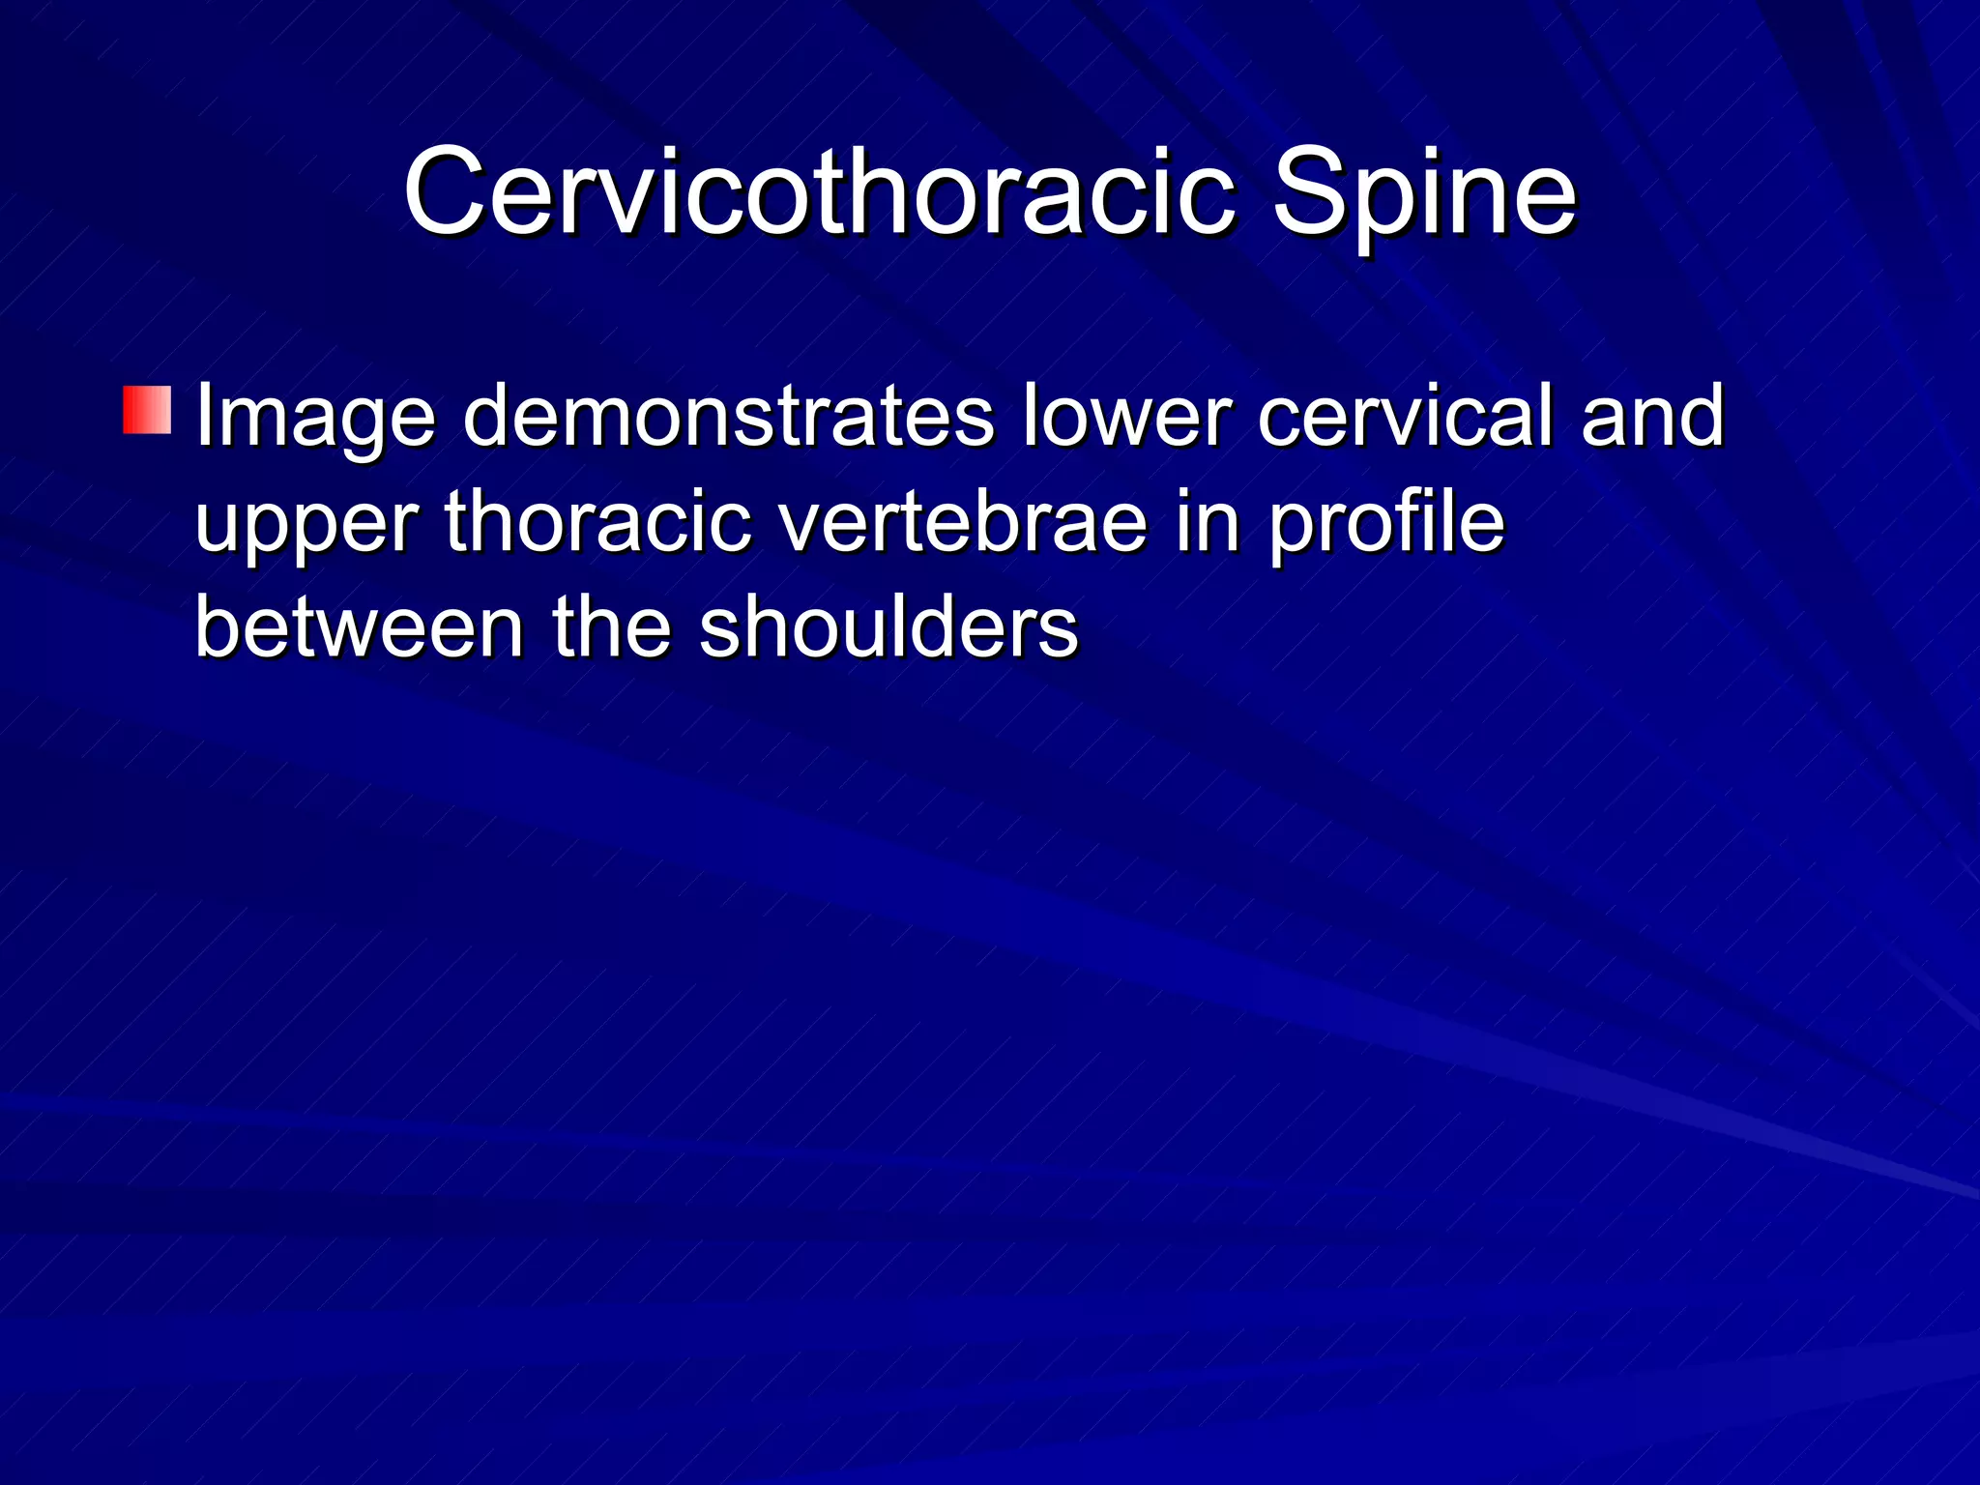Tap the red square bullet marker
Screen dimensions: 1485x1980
[x=147, y=410]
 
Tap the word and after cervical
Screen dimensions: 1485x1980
[x=1652, y=416]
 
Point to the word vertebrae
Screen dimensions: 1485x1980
[x=963, y=522]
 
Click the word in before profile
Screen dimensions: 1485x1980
[x=1207, y=522]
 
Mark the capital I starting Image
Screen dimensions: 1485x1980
[x=203, y=416]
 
